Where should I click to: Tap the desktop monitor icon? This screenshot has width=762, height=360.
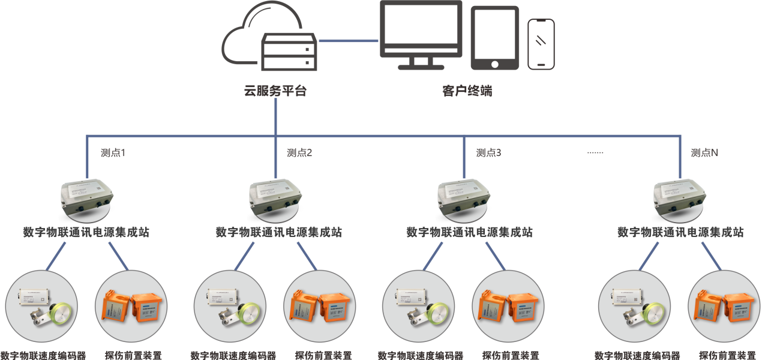pos(422,35)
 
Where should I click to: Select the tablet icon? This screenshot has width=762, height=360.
pos(494,38)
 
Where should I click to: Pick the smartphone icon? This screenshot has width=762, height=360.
pos(541,44)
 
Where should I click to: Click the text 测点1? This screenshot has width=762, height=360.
pos(113,153)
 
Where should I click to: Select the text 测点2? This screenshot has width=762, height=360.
pos(299,153)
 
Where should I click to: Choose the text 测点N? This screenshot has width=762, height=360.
pos(704,153)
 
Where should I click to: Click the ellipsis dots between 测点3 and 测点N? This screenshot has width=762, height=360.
pos(595,153)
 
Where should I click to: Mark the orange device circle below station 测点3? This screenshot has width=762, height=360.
pos(508,306)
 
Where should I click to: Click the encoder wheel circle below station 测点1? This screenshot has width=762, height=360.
pos(41,306)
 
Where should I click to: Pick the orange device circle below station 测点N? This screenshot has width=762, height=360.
pos(723,306)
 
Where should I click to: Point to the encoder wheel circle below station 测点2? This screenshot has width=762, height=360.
pos(230,306)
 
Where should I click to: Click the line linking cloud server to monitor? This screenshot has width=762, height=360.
pos(348,41)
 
